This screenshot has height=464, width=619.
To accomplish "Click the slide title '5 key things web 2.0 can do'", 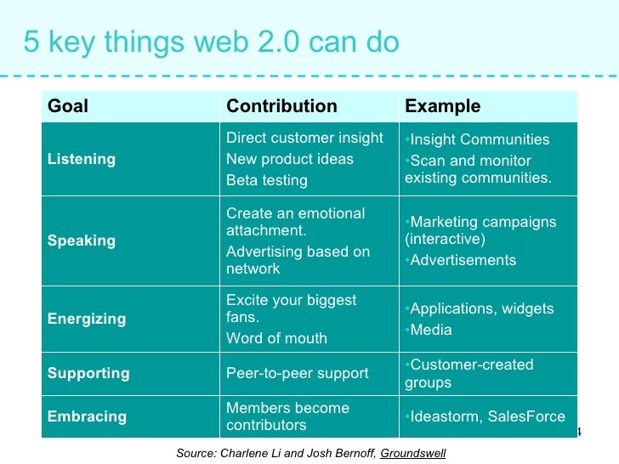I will (x=211, y=42).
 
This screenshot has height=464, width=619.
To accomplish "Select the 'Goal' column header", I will (x=68, y=106).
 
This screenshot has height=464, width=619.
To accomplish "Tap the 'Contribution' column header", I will (x=281, y=106).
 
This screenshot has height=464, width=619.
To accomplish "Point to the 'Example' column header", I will (x=442, y=106).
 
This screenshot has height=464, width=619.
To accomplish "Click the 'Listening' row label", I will (x=82, y=159).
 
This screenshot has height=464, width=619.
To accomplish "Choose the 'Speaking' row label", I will (x=81, y=240).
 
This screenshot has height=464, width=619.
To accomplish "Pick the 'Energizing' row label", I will (x=86, y=319).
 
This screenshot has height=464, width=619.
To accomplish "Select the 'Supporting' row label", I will (x=88, y=373).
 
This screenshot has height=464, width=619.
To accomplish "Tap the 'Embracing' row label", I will (x=87, y=416).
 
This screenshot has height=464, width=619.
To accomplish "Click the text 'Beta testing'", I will (x=266, y=180).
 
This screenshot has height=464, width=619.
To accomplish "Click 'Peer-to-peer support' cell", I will (x=297, y=373).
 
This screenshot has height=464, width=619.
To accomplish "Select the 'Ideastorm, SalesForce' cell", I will (x=487, y=416).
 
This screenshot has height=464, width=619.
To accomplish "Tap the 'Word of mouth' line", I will (x=276, y=338).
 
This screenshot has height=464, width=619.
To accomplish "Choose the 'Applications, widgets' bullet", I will (x=481, y=308).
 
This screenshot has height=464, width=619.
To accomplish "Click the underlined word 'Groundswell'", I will (x=412, y=453).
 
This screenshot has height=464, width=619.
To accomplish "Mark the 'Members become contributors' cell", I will (x=287, y=416).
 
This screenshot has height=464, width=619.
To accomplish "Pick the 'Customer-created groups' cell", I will (x=469, y=374).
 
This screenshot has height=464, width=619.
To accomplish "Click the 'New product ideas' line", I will (x=289, y=159).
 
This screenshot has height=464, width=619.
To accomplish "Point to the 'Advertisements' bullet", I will (x=463, y=260).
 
